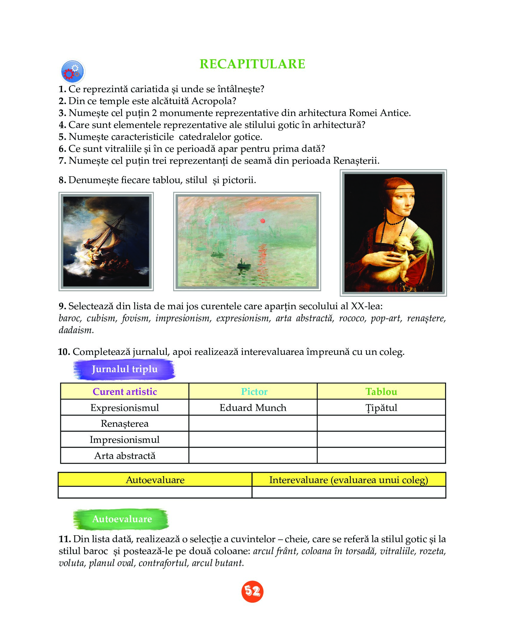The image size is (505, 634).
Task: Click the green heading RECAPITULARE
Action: [252, 64]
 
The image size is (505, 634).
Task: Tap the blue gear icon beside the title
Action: [73, 72]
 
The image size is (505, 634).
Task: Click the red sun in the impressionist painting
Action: [262, 221]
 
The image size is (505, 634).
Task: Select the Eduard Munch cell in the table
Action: [253, 408]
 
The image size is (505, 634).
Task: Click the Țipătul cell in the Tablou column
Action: [381, 408]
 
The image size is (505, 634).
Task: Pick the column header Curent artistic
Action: [125, 392]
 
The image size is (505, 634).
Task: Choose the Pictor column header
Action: [254, 392]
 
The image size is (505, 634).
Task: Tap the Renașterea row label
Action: [125, 424]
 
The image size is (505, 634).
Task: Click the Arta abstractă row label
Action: [125, 456]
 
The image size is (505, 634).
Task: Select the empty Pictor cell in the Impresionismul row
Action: [253, 440]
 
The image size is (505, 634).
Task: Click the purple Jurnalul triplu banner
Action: [124, 369]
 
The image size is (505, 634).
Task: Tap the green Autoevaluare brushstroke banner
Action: [122, 519]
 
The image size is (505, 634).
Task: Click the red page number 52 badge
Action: [252, 591]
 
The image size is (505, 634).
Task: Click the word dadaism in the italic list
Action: [76, 330]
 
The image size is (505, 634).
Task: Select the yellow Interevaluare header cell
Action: [348, 480]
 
